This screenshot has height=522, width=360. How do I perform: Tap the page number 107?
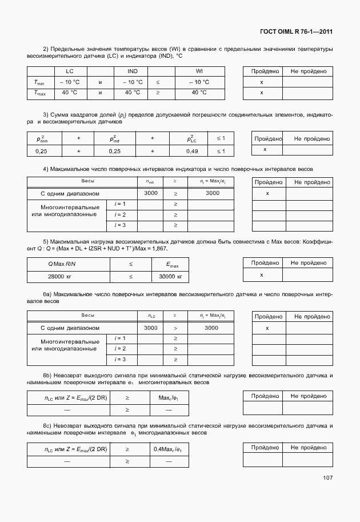327,478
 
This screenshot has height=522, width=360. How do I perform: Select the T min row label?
40,82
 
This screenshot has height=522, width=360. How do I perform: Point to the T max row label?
40,92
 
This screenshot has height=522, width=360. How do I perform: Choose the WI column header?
199,71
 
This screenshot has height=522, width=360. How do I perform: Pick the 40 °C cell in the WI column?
199,92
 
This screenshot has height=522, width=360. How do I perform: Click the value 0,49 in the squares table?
191,151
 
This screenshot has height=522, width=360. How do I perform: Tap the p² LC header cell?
191,139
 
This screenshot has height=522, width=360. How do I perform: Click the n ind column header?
151,182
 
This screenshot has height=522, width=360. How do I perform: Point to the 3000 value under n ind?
151,193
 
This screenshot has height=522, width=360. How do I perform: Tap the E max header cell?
170,264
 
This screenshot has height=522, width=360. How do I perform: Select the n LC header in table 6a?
151,316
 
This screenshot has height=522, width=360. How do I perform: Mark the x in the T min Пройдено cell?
262,82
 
